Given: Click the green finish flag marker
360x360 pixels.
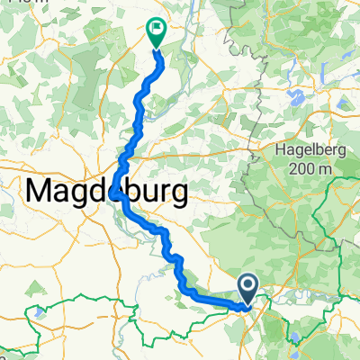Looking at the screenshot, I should [156, 31].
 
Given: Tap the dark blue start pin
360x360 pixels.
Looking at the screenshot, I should [249, 288].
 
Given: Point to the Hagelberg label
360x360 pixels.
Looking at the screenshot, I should [301, 152].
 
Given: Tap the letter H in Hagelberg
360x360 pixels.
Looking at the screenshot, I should [267, 152].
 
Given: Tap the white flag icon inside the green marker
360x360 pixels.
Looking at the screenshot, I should [156, 29].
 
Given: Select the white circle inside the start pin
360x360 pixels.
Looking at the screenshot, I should [249, 285].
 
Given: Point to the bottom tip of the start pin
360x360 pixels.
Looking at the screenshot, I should [249, 301].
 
